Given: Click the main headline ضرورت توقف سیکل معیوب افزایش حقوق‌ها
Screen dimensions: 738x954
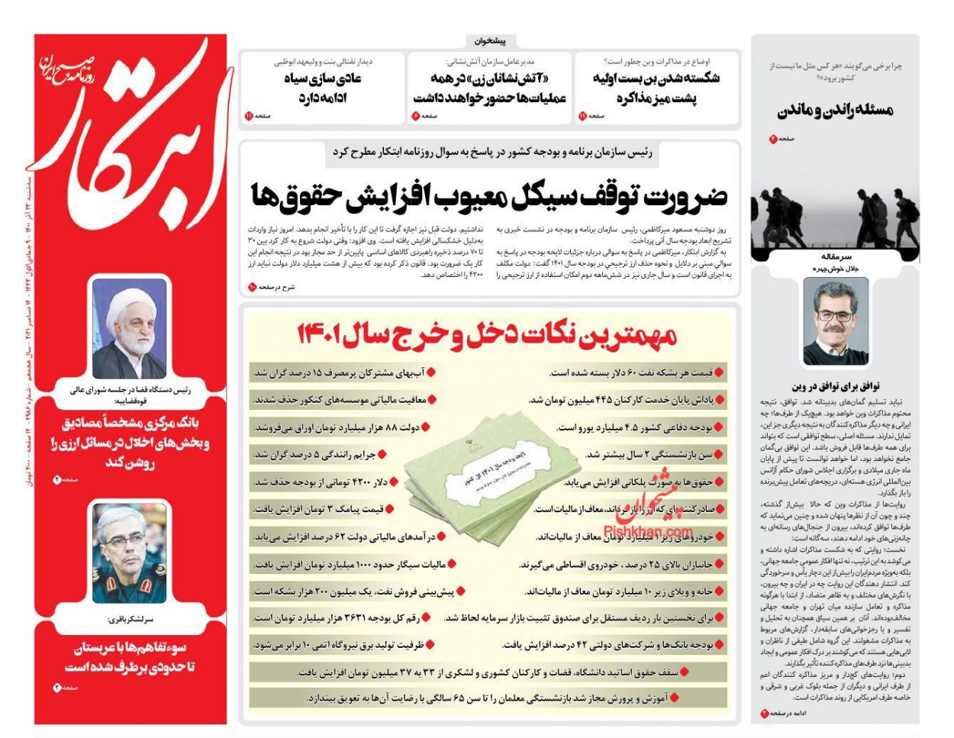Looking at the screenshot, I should pyautogui.click(x=489, y=195).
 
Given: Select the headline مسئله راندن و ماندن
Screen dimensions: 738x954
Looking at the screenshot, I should pyautogui.click(x=835, y=111).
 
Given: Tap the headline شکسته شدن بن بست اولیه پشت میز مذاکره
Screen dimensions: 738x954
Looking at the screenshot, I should pyautogui.click(x=656, y=89).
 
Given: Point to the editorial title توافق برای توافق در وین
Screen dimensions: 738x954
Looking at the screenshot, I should pyautogui.click(x=835, y=386).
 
